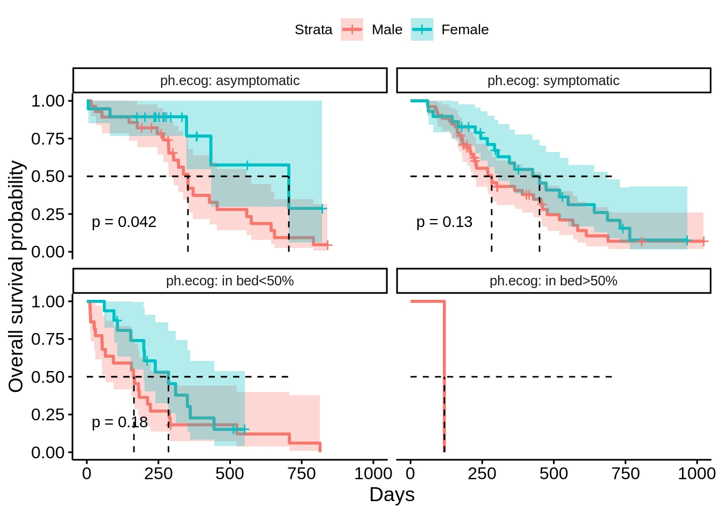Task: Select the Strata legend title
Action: [x=313, y=30]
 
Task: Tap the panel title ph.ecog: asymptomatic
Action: [x=230, y=81]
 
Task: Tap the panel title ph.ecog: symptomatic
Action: [x=553, y=81]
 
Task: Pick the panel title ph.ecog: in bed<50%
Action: [x=230, y=281]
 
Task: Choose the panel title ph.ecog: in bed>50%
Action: [x=553, y=281]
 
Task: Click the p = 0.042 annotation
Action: [x=124, y=222]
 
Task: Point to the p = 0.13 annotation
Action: [x=444, y=222]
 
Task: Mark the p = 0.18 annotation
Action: [x=119, y=422]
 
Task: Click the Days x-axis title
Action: [x=392, y=495]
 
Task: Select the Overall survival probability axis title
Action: [x=17, y=276]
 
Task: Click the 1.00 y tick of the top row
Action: [x=48, y=101]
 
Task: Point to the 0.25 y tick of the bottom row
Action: [x=48, y=415]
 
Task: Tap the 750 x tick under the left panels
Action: [x=302, y=474]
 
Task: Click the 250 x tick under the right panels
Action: [x=482, y=474]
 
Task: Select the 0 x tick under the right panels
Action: [x=410, y=474]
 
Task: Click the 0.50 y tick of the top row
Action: [x=48, y=177]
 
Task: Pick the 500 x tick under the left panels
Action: [x=230, y=474]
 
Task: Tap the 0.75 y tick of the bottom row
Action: [x=48, y=339]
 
